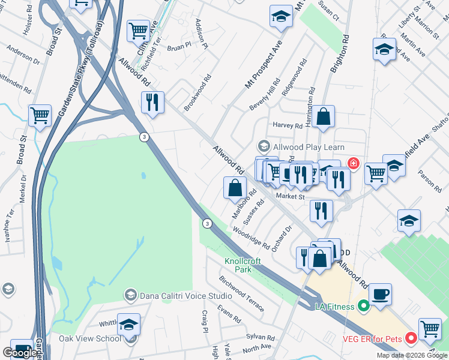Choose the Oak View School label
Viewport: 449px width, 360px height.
coord(90,338)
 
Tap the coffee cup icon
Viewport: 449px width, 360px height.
coord(380,295)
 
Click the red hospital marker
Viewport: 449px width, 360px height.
coord(353,163)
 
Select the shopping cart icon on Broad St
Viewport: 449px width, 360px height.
coord(40,116)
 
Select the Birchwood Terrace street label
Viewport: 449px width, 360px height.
coord(241,294)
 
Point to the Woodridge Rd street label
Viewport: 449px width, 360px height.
coord(252,236)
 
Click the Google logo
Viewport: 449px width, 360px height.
coord(20,353)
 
